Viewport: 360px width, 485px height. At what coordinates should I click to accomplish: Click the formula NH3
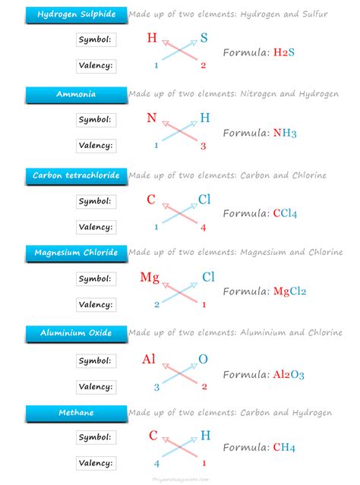pos(283,133)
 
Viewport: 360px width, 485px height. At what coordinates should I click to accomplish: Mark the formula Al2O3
pos(289,374)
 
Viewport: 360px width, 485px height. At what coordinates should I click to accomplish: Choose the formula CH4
pos(283,447)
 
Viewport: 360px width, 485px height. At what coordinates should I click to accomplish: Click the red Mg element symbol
pos(150,277)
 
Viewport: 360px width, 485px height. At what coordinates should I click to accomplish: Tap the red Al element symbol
pos(150,359)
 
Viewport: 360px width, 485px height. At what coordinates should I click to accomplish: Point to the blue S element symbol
pos(204,37)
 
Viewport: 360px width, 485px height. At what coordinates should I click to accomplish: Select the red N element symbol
pos(152,118)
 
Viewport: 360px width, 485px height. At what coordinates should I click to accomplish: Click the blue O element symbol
pos(203,359)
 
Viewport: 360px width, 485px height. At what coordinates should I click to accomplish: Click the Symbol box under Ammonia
pos(96,120)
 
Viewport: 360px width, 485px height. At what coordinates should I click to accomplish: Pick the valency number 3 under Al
pos(157,387)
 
